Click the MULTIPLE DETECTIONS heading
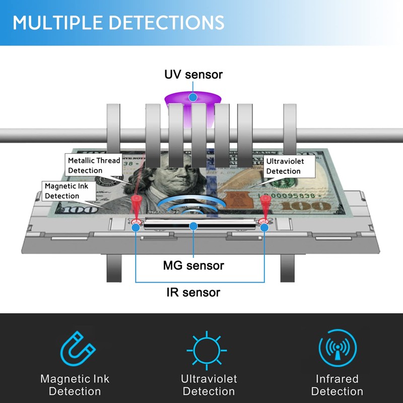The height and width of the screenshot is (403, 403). coord(118,22)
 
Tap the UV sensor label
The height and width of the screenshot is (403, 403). coord(193,75)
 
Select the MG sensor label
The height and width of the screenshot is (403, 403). coord(193,265)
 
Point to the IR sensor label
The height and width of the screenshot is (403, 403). coord(193,293)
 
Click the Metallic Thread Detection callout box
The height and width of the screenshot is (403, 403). coord(94,165)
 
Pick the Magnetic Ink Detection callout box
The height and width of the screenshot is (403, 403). coord(69,191)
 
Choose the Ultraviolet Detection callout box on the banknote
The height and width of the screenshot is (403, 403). coord(289,166)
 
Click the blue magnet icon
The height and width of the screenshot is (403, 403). coord(78,349)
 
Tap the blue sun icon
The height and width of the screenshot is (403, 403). coord(207,350)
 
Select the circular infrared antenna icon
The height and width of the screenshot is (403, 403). coord(338,348)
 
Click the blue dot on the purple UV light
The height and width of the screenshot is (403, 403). coord(193,97)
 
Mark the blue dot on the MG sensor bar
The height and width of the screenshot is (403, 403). coord(193,226)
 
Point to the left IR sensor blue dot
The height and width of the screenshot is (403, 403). coord(136,228)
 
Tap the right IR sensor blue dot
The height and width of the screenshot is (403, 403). coord(264,228)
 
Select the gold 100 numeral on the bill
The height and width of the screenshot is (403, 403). coord(305,206)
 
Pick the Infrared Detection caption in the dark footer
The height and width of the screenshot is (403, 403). coord(337,385)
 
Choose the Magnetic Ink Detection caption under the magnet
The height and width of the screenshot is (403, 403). coord(75,385)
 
